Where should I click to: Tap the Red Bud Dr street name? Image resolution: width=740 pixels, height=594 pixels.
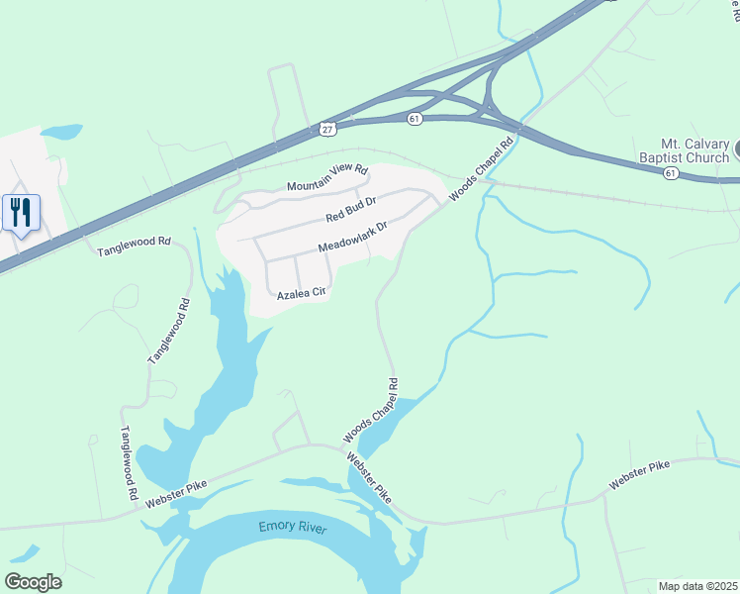pyautogui.click(x=351, y=210)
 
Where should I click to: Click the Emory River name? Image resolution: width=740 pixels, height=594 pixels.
pyautogui.click(x=292, y=527)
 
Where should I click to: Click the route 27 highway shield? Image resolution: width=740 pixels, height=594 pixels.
pyautogui.click(x=327, y=128)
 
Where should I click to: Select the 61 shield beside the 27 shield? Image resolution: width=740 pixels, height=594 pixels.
pyautogui.click(x=415, y=118)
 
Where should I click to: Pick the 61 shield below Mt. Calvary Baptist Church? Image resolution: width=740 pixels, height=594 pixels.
pyautogui.click(x=672, y=173)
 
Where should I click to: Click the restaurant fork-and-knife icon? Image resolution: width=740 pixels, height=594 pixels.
pyautogui.click(x=21, y=212)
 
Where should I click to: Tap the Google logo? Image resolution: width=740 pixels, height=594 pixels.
pyautogui.click(x=33, y=581)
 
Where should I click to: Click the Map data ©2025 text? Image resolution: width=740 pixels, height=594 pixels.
pyautogui.click(x=696, y=585)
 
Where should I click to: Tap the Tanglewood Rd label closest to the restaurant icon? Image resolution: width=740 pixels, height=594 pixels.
pyautogui.click(x=134, y=247)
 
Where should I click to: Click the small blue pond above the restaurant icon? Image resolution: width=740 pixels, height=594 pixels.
pyautogui.click(x=60, y=132)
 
